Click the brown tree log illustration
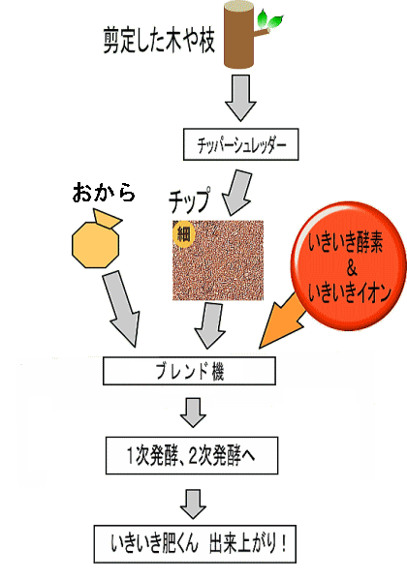coord(239,36)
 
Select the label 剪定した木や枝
coord(159,40)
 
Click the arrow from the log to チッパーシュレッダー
coord(240,98)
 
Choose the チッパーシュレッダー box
coord(240,144)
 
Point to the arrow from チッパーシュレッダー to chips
coord(237,193)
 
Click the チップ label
coord(190,200)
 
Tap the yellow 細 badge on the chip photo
coord(183,233)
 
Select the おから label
coord(104,193)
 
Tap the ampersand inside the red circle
coord(352,268)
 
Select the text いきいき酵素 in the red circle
coord(346,243)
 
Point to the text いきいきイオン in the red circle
coord(350,292)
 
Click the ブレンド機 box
coord(189,371)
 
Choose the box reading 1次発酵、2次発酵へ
coord(192,455)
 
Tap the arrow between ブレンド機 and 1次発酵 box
coord(193,412)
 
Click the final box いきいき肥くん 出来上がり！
coord(195,544)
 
